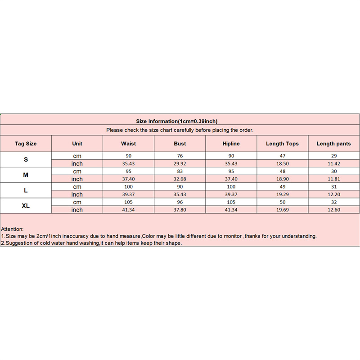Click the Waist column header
(x=128, y=144)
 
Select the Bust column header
(x=180, y=144)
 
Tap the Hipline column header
(x=231, y=144)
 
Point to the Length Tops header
(x=282, y=144)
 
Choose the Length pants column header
(x=333, y=144)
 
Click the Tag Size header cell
(x=26, y=144)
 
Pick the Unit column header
(x=77, y=144)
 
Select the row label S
(x=26, y=160)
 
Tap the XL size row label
(x=26, y=206)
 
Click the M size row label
(x=26, y=175)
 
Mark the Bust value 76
(x=180, y=156)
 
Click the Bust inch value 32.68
(x=180, y=179)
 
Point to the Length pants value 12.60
(x=333, y=210)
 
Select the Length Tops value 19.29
(x=282, y=194)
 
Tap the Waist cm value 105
(x=128, y=202)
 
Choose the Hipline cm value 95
(x=231, y=171)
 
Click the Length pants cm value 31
(x=333, y=187)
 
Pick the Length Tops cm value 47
(x=282, y=156)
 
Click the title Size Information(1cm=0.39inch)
(x=180, y=121)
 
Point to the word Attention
(x=13, y=229)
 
